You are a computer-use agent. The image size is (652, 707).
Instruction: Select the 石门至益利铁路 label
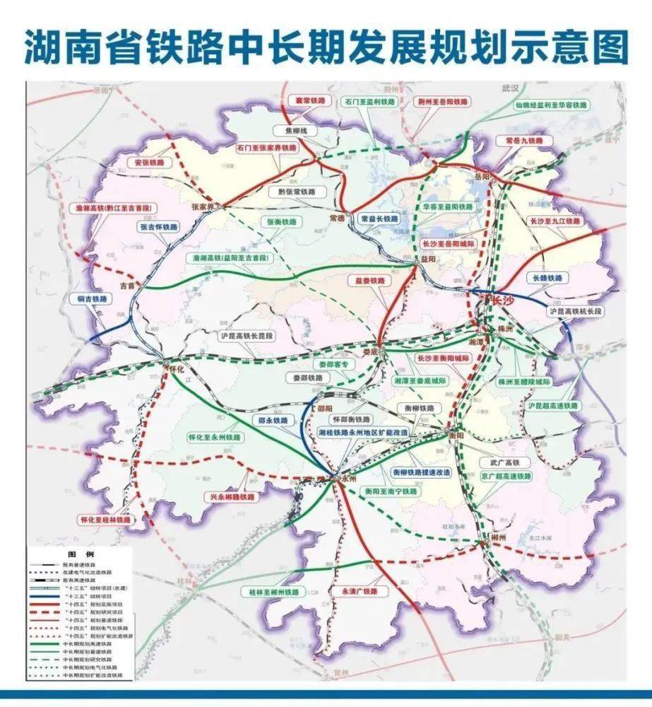coord(370,102)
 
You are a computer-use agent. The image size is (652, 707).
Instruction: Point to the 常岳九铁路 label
coord(524,141)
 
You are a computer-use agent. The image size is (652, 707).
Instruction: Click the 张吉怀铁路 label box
coord(159,228)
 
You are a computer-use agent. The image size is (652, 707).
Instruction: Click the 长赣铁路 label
coord(544,279)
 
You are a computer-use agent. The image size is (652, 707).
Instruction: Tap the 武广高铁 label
coord(494,462)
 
